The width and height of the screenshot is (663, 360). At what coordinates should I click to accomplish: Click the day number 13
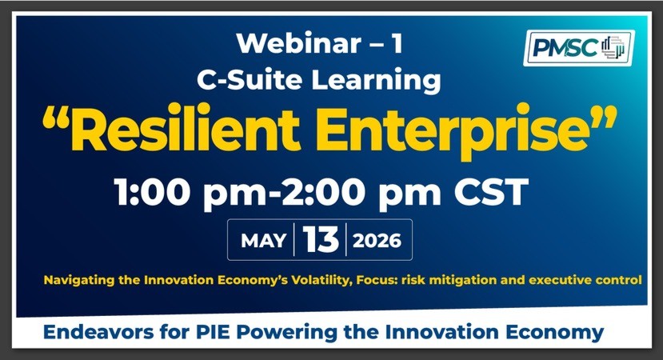[x=321, y=239]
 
